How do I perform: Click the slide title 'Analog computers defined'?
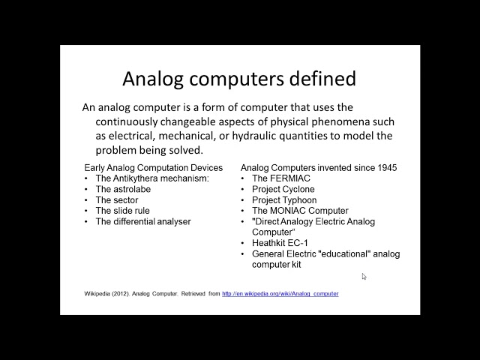239,78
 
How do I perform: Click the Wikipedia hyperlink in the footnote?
280,294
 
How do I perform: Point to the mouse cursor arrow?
364,276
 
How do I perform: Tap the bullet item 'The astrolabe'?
123,190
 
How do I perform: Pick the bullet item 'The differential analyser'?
142,222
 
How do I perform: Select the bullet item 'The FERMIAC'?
276,178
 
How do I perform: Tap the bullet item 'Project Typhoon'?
283,200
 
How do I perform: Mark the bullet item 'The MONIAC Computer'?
300,211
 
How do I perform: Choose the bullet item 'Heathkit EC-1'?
279,244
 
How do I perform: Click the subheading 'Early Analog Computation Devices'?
153,167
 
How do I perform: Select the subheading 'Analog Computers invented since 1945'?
319,167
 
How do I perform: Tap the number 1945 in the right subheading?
386,167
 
